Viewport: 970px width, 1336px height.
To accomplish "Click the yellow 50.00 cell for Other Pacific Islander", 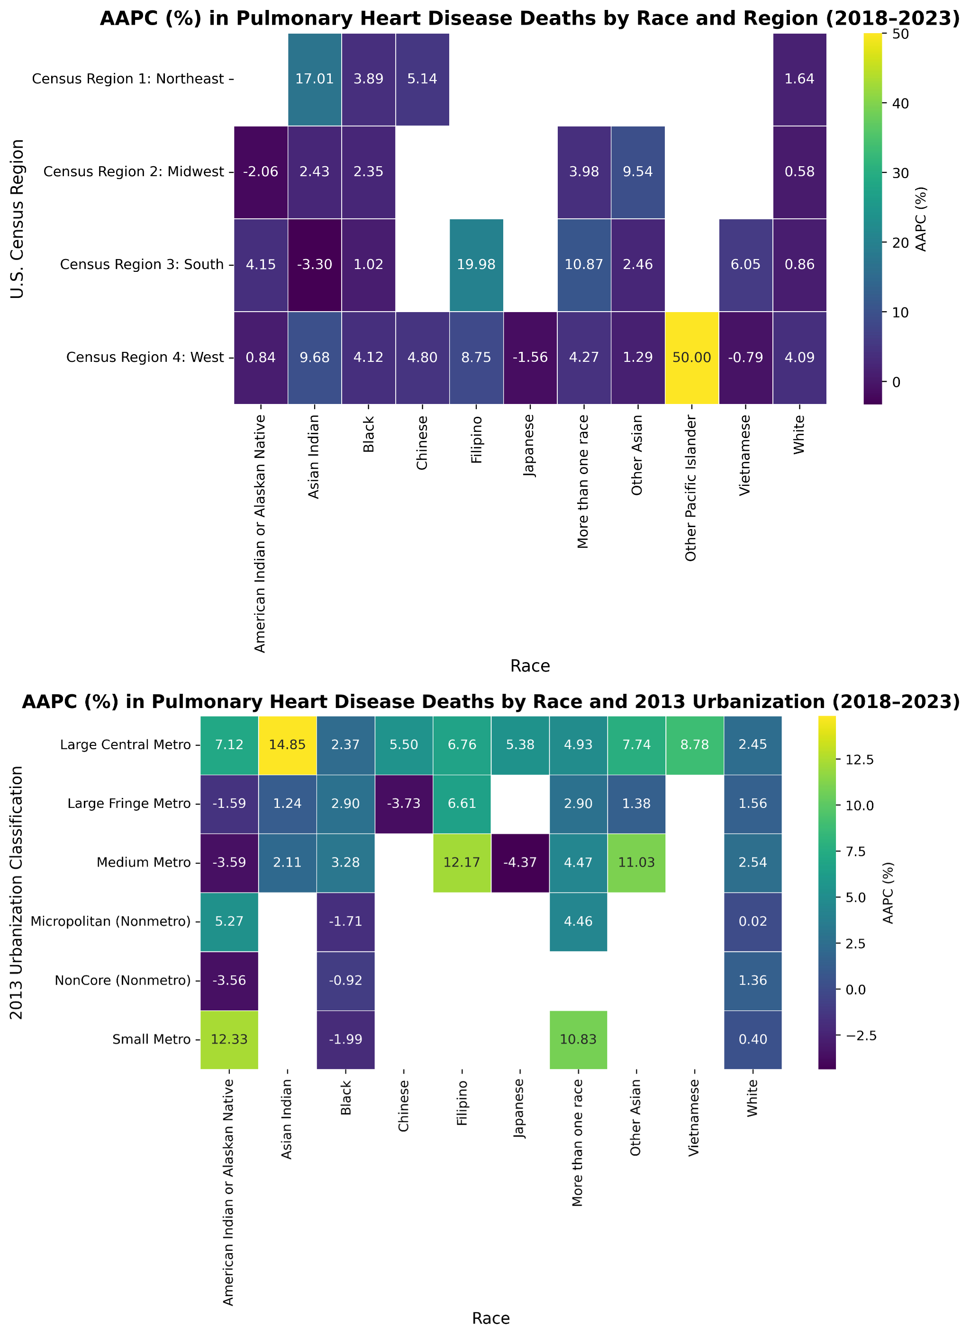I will click(x=691, y=358).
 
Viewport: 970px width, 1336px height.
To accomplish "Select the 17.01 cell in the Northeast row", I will click(x=315, y=79).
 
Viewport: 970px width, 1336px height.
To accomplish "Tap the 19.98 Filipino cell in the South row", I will click(x=476, y=264).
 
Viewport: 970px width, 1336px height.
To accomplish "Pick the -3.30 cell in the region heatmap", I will click(x=315, y=264).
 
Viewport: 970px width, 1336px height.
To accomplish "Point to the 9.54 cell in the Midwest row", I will click(x=638, y=172).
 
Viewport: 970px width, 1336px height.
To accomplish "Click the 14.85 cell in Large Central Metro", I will click(x=288, y=744).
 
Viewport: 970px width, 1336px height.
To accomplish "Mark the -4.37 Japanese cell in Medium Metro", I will click(x=520, y=862).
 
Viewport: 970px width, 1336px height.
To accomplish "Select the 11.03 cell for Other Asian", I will click(x=636, y=862).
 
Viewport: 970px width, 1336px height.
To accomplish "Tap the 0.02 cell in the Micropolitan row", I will click(x=752, y=921).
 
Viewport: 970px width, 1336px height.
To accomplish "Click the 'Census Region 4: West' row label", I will click(x=145, y=358).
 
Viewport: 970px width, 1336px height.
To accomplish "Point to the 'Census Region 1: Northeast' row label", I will click(x=128, y=79).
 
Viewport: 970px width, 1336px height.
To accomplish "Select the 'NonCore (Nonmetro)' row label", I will click(x=123, y=980).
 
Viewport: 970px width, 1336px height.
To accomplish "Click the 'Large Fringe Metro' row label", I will click(x=129, y=804).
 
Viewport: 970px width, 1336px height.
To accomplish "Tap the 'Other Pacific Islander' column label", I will click(x=691, y=489).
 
